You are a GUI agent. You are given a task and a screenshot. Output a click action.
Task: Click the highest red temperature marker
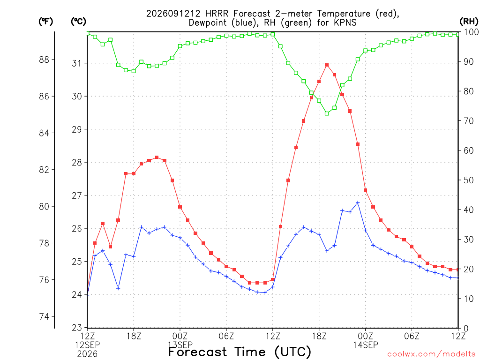coord(327,65)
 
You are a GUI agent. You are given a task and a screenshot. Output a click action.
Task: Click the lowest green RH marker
coord(327,113)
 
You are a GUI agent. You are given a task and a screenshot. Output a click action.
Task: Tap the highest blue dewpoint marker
coord(358,202)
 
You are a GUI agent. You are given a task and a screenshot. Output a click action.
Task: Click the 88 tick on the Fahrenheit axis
coord(45,60)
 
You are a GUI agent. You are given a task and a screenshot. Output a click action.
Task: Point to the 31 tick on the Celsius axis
coord(76,63)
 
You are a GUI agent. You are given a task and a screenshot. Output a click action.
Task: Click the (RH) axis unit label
coord(469,22)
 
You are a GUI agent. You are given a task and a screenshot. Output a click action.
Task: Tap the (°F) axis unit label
coord(45,22)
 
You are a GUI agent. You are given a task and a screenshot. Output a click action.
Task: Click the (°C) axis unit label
coord(78,22)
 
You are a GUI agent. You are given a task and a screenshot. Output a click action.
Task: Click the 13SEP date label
coord(180,345)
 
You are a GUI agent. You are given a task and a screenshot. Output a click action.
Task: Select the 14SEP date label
coord(365,345)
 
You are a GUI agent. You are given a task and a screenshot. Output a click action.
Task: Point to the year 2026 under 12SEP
coord(87,354)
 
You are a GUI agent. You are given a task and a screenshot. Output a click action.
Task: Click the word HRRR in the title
coord(217,14)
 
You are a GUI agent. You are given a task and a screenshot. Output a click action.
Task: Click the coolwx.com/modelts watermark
coord(431,354)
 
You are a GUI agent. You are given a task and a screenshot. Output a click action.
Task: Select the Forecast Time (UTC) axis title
coord(240,352)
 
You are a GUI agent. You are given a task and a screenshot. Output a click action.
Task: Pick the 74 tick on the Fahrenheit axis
coord(45,316)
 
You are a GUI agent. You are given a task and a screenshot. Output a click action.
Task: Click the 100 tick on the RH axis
coord(471,32)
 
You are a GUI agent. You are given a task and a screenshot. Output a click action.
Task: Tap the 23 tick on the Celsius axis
coord(76,328)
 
